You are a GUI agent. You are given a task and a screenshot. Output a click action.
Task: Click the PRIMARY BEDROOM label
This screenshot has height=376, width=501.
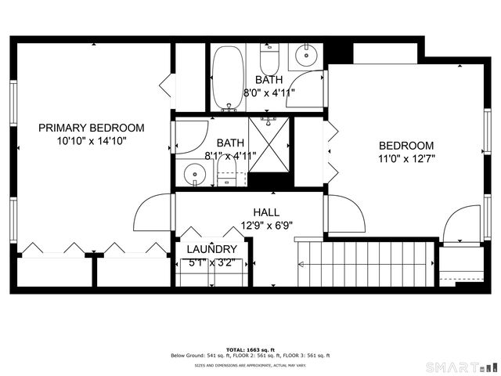click(92, 128)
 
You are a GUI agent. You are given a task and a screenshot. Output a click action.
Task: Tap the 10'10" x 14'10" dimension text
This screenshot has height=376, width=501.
click(92, 141)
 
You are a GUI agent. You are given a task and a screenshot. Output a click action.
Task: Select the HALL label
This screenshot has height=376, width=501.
click(266, 212)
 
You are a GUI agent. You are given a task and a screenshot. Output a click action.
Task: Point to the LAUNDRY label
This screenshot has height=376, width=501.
click(211, 249)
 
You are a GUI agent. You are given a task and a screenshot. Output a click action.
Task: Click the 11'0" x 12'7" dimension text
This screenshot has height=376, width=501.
click(406, 159)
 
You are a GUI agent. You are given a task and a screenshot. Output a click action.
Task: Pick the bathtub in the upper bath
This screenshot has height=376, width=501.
click(228, 77)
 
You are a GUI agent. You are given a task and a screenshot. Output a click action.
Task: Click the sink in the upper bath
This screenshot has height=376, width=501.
click(305, 56)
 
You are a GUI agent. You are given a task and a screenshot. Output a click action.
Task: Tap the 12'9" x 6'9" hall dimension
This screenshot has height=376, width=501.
click(266, 226)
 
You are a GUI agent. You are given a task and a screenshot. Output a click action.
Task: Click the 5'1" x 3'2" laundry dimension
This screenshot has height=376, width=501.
click(211, 262)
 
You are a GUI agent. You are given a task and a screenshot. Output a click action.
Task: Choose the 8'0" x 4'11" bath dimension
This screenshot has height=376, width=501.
click(269, 92)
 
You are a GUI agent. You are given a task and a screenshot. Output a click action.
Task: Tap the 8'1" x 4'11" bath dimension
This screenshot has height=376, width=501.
click(230, 155)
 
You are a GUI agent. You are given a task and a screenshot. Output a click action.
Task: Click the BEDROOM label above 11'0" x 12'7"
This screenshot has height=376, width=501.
click(406, 146)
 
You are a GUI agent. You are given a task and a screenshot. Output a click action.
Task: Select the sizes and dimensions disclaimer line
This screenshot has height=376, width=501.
click(250, 365)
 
